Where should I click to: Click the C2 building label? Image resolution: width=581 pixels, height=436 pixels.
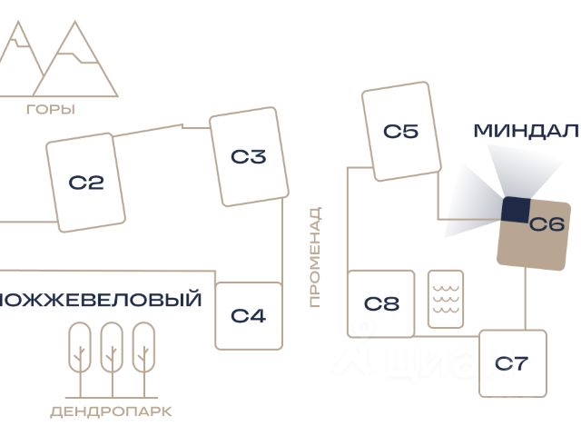(x=86, y=183)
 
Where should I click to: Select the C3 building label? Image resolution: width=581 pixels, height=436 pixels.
(x=248, y=157)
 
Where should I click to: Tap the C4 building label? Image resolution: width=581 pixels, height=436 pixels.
(x=248, y=316)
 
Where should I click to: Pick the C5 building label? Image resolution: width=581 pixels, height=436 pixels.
(x=400, y=132)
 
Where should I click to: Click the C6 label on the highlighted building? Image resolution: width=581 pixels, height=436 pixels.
(x=547, y=224)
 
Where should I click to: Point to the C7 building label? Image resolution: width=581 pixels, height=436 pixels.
(x=512, y=364)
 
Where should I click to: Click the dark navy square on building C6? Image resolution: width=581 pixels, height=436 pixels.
(x=516, y=209)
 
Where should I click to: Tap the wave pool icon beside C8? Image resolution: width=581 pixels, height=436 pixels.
(x=445, y=299)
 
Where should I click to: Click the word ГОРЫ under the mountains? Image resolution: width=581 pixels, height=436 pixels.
(x=51, y=110)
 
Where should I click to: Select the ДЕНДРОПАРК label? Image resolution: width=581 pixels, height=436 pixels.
(x=111, y=411)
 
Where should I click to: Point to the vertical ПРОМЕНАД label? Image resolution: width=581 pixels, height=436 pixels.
(x=315, y=257)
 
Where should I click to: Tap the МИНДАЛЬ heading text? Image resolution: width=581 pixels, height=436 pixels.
(x=526, y=131)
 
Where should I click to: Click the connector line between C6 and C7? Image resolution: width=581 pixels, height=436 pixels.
(x=526, y=300)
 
